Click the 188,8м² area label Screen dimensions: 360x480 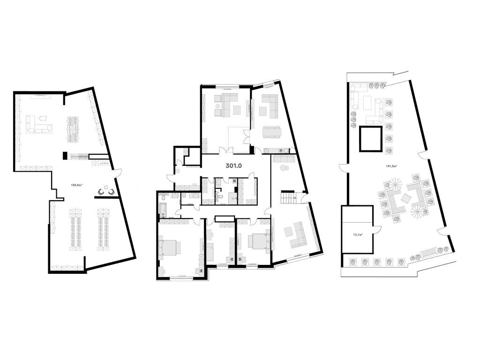[x=76, y=185]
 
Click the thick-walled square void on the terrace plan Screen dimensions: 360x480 [x=370, y=139]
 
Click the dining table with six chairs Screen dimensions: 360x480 [x=271, y=132]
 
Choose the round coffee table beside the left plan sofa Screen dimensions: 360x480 [x=44, y=119]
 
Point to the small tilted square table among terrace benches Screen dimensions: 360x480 [x=405, y=198]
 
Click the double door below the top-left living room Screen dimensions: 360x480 [x=226, y=151]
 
